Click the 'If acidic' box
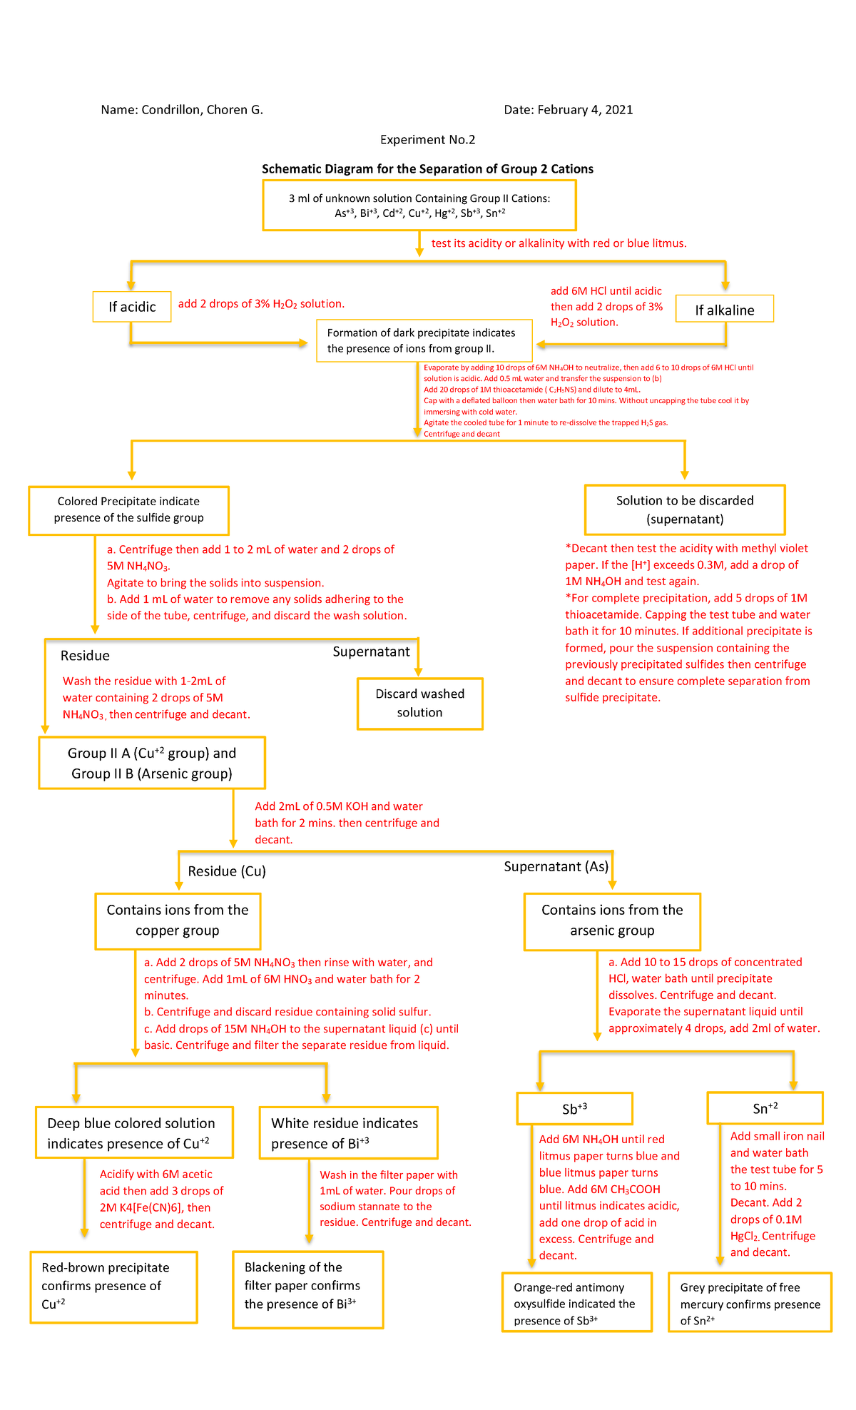pos(132,307)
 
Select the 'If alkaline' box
pos(725,310)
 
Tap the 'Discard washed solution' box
pos(419,704)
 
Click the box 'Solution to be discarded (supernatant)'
pos(685,509)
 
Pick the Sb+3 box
pos(575,1109)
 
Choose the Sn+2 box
pos(765,1108)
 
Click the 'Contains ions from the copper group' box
pos(178,920)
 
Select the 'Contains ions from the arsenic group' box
pos(612,920)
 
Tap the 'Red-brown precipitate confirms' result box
pos(113,1286)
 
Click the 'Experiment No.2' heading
pos(427,140)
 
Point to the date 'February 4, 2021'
pos(585,110)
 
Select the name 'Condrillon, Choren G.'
pos(202,110)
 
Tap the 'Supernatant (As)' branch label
pos(556,867)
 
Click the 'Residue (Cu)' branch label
pos(227,871)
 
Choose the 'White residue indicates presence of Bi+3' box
pos(348,1133)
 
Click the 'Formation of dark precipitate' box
pos(424,341)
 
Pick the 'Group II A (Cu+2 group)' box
pos(152,763)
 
